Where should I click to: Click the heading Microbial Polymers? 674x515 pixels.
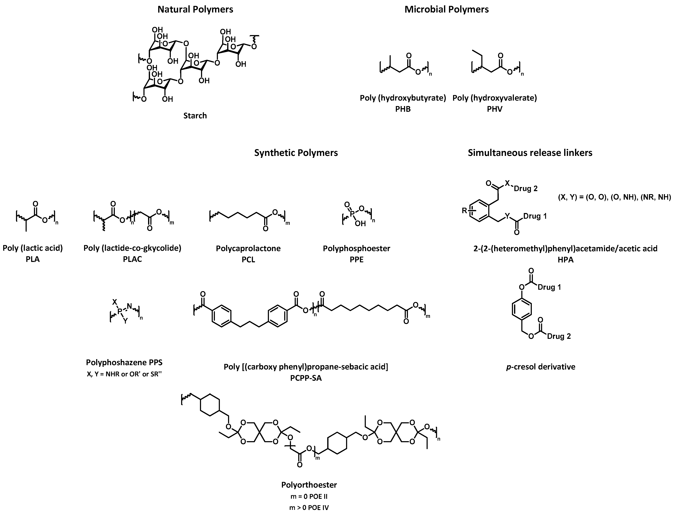coord(446,9)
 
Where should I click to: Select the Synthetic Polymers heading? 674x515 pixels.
coord(296,153)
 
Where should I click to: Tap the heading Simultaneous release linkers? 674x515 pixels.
coord(530,153)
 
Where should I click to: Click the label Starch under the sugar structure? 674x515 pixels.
coord(195,115)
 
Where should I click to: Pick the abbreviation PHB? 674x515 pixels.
coord(403,109)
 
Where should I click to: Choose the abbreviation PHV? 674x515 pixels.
coord(494,109)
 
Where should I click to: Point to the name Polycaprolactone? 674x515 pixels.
coord(248,248)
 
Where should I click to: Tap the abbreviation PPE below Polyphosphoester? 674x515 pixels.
coord(356,260)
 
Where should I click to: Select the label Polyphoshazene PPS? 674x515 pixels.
coord(124,362)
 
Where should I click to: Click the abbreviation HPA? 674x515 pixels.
coord(565,260)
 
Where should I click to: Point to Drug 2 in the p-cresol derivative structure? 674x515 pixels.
coord(559,336)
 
